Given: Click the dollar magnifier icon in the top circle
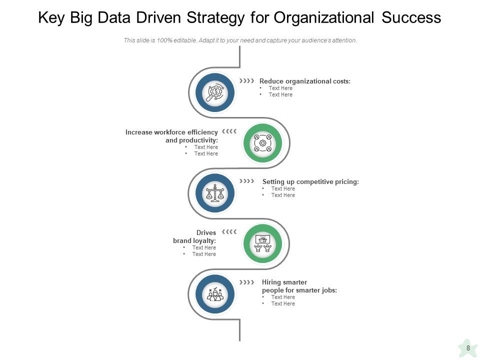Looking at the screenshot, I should tap(215, 93).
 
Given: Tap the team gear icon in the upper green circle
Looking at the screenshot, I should tap(262, 143).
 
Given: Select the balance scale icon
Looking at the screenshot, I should tap(215, 193).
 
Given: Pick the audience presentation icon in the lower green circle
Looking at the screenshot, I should tap(262, 243).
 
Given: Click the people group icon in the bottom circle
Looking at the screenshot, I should tap(215, 294).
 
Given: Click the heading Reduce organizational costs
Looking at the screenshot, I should tap(304, 81).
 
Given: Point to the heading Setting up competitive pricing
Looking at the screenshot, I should tap(310, 181).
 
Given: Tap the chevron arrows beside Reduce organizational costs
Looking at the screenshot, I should tap(246, 80).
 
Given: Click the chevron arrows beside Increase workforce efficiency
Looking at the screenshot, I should tap(229, 131).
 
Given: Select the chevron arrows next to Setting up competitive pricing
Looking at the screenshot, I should tap(246, 181).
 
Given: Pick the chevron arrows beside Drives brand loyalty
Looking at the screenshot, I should tap(229, 232).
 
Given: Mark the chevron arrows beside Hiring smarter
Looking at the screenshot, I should tap(246, 282).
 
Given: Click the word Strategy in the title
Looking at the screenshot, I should tap(216, 18).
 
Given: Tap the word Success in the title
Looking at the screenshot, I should tap(411, 18).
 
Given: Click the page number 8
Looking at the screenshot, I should tap(468, 348).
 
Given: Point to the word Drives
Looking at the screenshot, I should tap(206, 232).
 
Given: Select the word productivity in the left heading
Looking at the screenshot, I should tap(198, 140).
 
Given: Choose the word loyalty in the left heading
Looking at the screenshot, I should tap(205, 240).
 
